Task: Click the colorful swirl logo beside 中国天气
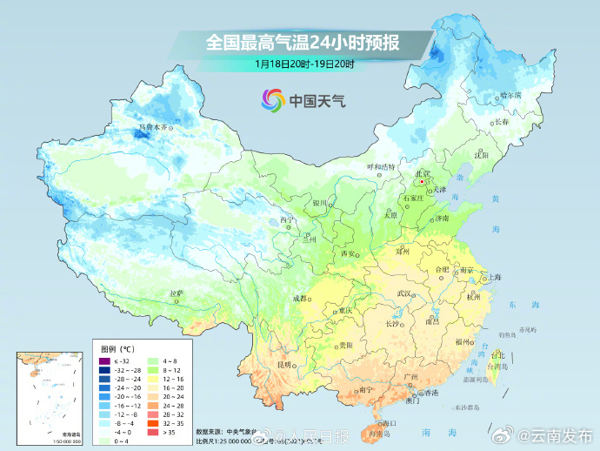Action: [x=273, y=100]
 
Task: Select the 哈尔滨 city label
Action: [x=510, y=94]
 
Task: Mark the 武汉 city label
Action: [x=404, y=294]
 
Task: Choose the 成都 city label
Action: [x=301, y=298]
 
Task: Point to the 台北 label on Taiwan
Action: [x=497, y=355]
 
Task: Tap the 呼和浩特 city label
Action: [x=380, y=166]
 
